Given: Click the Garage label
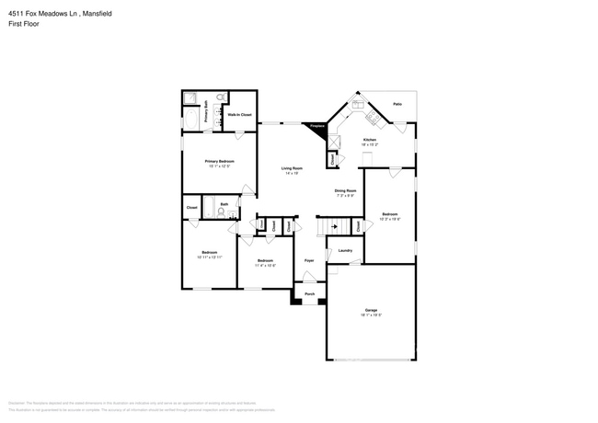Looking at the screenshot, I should pyautogui.click(x=371, y=310).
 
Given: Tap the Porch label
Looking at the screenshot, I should pyautogui.click(x=309, y=295).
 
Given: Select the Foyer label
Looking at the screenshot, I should pyautogui.click(x=309, y=261).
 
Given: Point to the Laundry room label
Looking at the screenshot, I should pyautogui.click(x=345, y=250).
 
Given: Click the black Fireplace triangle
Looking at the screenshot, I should pyautogui.click(x=318, y=130).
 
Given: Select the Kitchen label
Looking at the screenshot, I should pyautogui.click(x=369, y=140).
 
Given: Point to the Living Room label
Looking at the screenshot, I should pyautogui.click(x=293, y=168).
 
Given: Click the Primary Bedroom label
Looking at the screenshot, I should pyautogui.click(x=219, y=161).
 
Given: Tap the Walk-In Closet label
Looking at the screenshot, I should pyautogui.click(x=240, y=115).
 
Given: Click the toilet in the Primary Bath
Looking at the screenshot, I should pyautogui.click(x=222, y=97).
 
